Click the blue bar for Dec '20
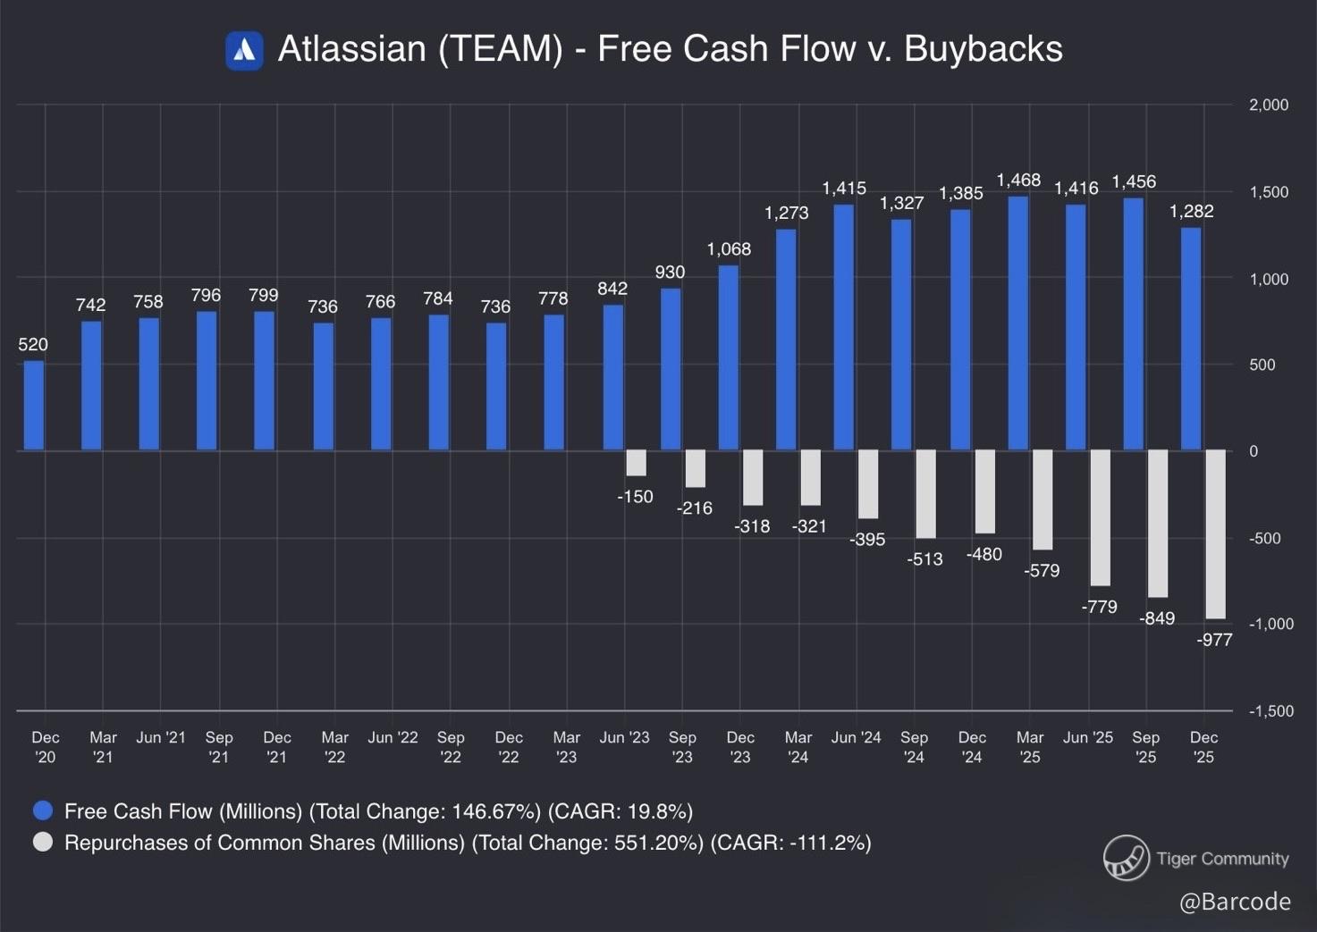[34, 406]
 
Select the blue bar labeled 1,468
[1017, 323]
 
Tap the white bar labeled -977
[1216, 533]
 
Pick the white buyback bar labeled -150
[636, 463]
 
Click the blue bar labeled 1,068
[729, 357]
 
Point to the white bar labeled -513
[925, 494]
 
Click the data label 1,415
[844, 189]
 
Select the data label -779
[1099, 608]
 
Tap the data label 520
[33, 345]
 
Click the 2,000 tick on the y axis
[1268, 105]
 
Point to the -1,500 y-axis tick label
[1271, 711]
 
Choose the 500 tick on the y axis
[1262, 365]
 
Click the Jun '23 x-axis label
[624, 738]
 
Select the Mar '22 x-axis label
[334, 747]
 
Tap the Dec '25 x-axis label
[1203, 747]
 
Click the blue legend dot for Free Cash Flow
[43, 811]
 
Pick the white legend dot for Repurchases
[43, 843]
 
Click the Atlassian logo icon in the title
[244, 50]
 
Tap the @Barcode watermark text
[1235, 902]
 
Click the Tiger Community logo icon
[1126, 858]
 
